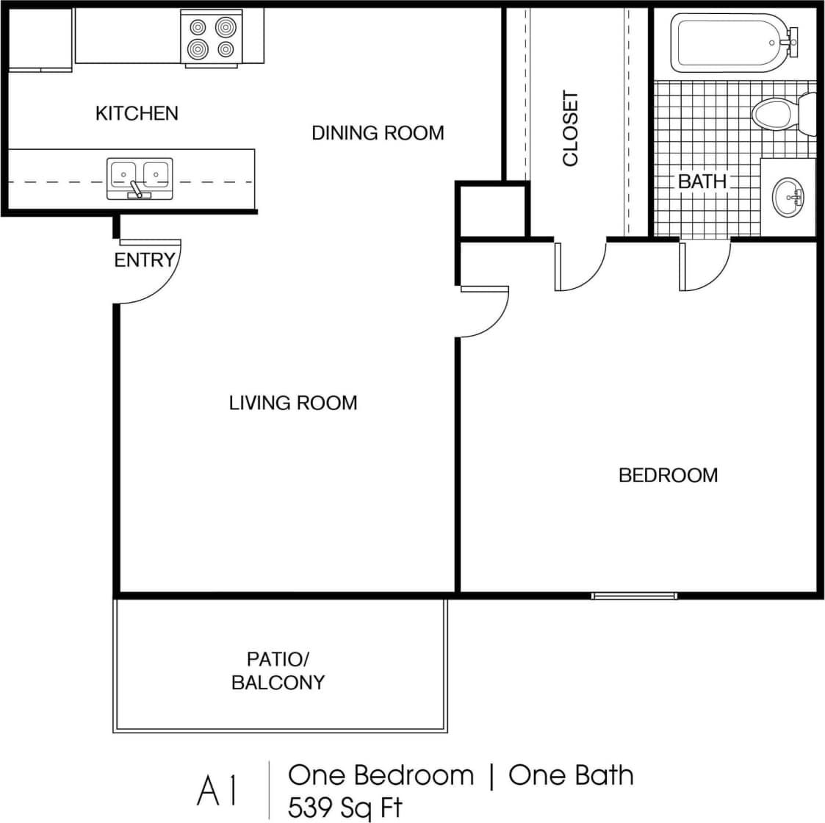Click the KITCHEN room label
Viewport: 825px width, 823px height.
pos(137,113)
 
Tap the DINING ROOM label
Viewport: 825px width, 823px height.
pos(378,133)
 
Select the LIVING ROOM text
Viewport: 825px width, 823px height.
pos(292,403)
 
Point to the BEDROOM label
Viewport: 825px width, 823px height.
pos(668,475)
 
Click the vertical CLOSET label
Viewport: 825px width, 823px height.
pos(571,129)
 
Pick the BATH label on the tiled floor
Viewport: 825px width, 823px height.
pos(702,181)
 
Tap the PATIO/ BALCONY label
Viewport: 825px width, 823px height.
pos(278,670)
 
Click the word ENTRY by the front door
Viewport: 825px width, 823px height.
pos(144,260)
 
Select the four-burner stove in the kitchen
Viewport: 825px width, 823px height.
pos(212,38)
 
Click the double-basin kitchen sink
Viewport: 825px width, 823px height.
pos(140,177)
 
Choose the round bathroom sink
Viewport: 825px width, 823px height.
pos(789,197)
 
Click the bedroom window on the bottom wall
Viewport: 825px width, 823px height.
pos(634,595)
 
